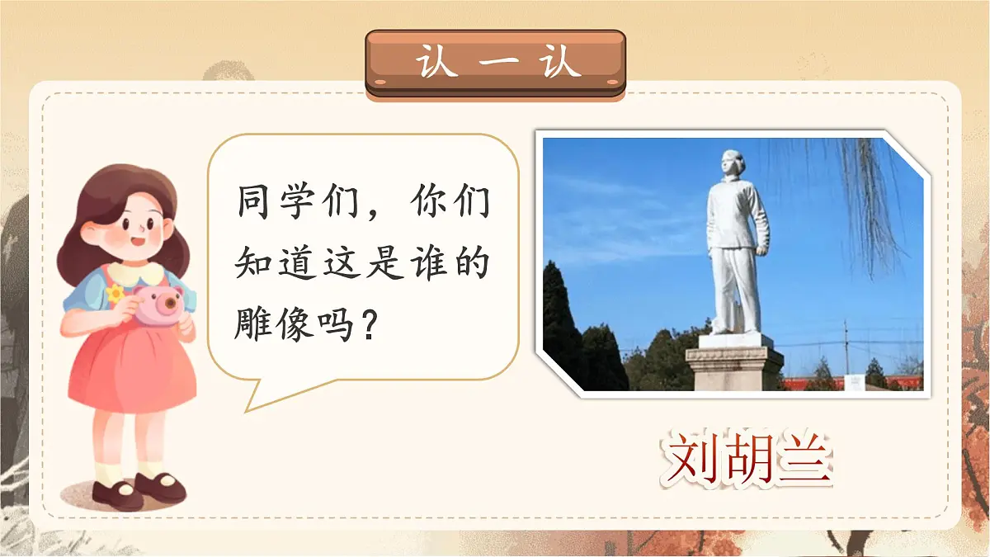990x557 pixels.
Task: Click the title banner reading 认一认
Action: [495, 64]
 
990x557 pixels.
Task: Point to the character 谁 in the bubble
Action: [426, 263]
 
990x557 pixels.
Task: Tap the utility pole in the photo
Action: [846, 347]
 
